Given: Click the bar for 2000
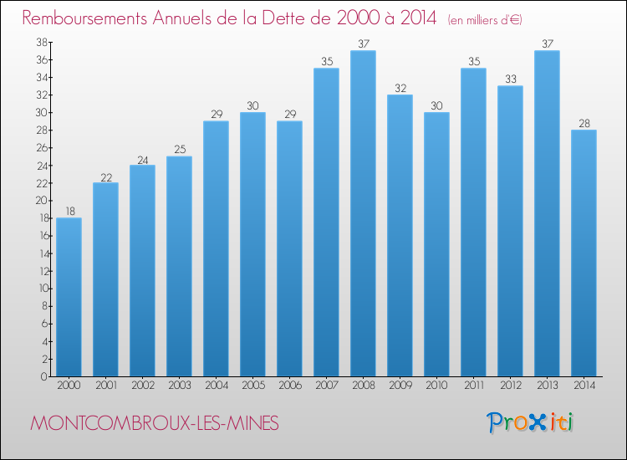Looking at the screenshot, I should click(69, 297).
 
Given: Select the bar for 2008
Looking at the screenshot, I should click(363, 213).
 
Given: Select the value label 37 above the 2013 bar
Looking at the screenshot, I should click(547, 44).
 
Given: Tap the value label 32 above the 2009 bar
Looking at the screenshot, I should click(400, 88).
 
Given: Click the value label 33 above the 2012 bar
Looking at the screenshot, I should click(510, 79).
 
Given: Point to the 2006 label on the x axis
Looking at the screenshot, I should click(289, 386).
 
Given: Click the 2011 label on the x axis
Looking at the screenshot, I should click(473, 386).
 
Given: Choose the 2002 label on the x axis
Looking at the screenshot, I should click(142, 386).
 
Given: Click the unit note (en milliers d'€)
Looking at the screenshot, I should click(485, 19).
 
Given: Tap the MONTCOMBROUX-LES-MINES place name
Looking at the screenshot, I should click(155, 423).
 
